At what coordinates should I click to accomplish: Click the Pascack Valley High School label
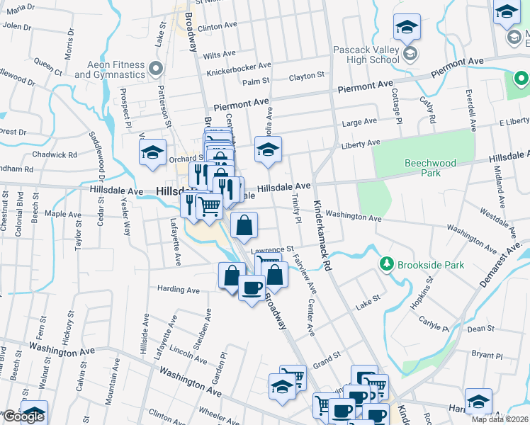pos(364,55)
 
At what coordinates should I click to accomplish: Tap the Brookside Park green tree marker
pos(386,264)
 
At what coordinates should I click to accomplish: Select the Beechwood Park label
pos(430,168)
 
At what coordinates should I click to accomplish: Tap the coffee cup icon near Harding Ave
pos(252,288)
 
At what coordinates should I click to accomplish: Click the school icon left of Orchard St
pos(152,153)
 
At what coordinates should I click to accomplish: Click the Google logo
pos(23,416)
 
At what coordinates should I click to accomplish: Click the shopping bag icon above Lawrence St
pos(244,226)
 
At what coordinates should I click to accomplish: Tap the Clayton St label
pos(307,75)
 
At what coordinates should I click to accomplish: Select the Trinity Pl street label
pos(295,210)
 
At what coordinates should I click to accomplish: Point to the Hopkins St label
pos(428,289)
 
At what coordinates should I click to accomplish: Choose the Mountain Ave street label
pos(111,385)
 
